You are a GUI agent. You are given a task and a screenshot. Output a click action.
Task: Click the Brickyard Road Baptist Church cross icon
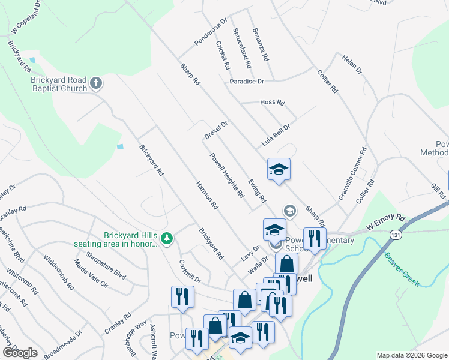pyautogui.click(x=96, y=83)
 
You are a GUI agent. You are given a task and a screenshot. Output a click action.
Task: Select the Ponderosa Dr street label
pyautogui.click(x=211, y=32)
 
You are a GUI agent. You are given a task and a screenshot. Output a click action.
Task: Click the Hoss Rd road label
pyautogui.click(x=272, y=102)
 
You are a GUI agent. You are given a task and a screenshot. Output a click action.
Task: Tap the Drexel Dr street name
pyautogui.click(x=216, y=131)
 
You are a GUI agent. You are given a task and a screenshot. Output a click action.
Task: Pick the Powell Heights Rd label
pyautogui.click(x=227, y=175)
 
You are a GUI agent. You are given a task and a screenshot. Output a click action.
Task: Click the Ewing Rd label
pyautogui.click(x=256, y=190)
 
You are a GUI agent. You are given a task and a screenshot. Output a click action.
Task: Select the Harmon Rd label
pyautogui.click(x=207, y=195)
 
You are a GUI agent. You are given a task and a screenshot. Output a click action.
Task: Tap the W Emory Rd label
pyautogui.click(x=386, y=222)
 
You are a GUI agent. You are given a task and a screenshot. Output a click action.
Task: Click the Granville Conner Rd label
pyautogui.click(x=352, y=174)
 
